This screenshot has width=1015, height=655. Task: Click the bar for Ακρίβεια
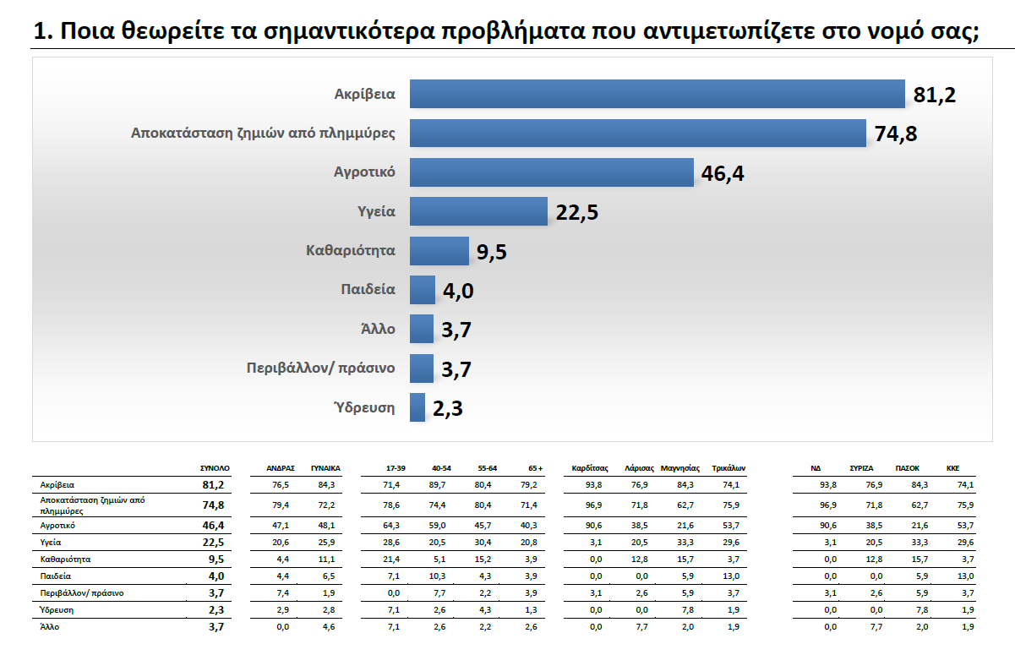pos(658,94)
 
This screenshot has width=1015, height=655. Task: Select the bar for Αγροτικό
pos(551,172)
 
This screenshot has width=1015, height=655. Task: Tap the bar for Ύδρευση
pos(417,407)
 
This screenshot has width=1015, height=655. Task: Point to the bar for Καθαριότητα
pos(439,251)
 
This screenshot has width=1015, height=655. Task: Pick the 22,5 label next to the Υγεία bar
pos(577,212)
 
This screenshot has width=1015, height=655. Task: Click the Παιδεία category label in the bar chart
pos(368,289)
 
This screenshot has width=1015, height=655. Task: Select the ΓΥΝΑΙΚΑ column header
pos(325,467)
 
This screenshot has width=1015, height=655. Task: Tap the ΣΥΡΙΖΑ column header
pos(861,467)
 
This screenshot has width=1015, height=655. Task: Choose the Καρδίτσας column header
pos(590,467)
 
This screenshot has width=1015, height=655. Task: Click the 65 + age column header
pos(534,467)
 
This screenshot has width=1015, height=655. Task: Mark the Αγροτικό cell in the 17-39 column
pos(396,525)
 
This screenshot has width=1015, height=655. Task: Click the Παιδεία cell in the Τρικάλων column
pos(732,576)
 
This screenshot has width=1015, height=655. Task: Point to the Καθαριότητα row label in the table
pos(66,559)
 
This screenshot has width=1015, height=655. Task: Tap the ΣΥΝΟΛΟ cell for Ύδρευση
pos(212,610)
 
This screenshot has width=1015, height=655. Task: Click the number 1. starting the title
pos(44,33)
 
